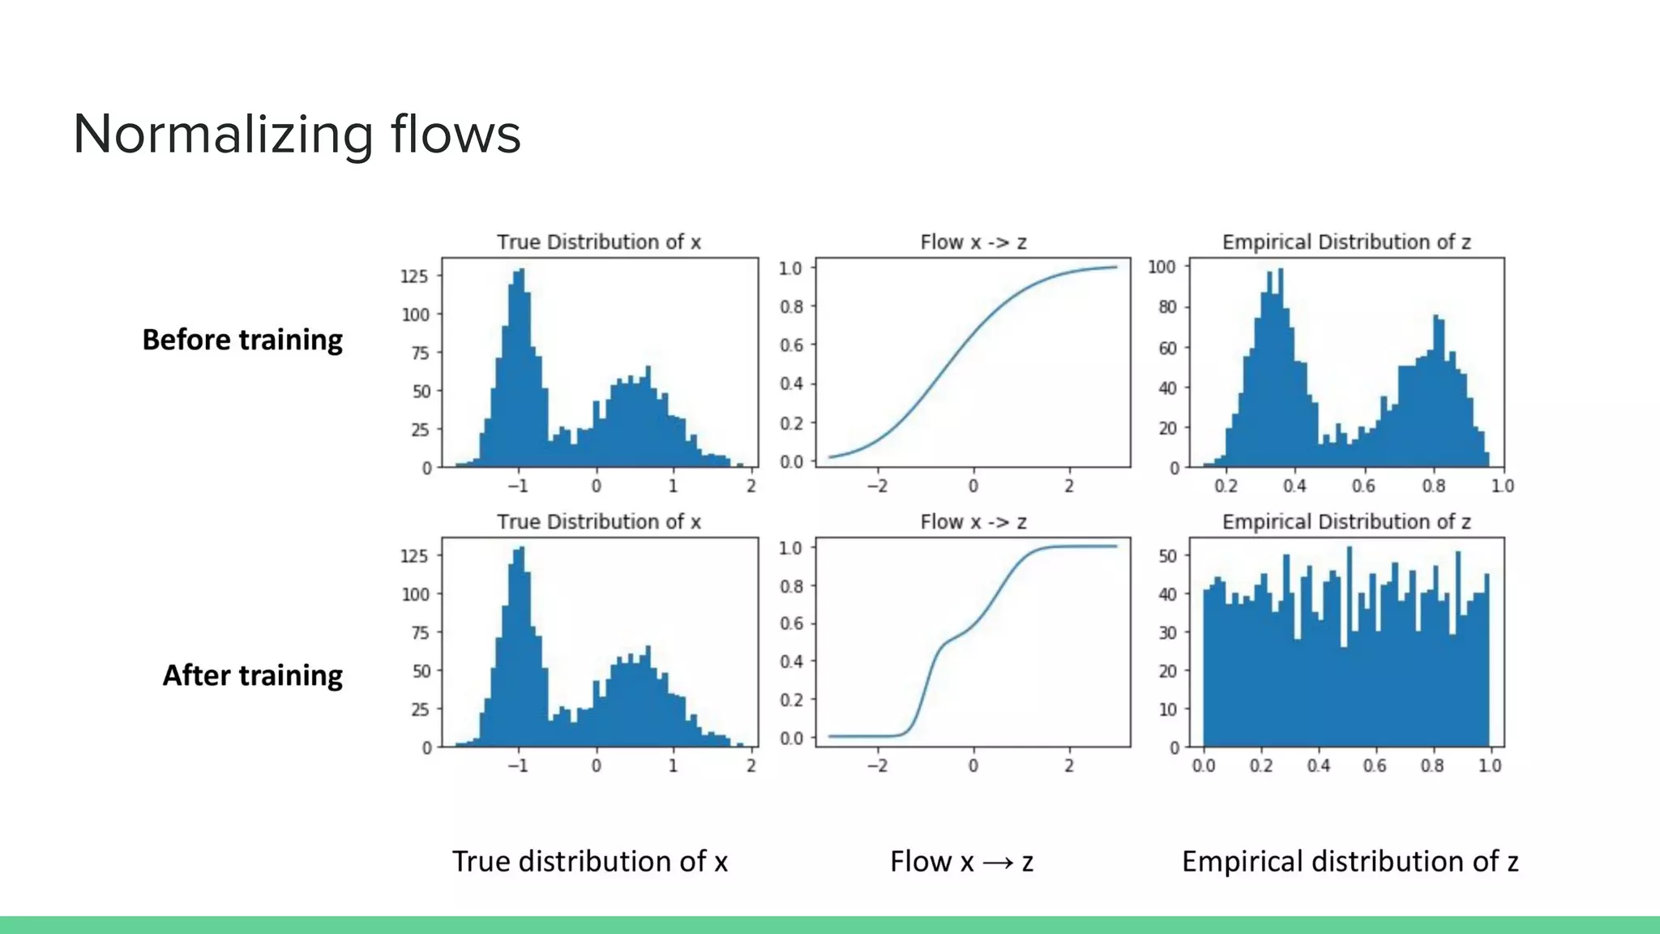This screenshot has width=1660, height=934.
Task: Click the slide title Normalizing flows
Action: (x=297, y=135)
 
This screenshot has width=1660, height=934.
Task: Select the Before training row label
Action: (x=242, y=340)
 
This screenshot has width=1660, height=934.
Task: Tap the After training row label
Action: (x=252, y=675)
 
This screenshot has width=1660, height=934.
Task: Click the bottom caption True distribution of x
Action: (x=589, y=861)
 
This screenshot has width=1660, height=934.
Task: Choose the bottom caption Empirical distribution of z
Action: (x=1350, y=861)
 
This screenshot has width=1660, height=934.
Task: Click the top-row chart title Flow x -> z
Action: (x=973, y=242)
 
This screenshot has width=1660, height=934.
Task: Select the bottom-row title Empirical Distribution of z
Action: (x=1346, y=521)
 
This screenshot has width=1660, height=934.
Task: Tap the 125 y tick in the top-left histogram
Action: (x=413, y=276)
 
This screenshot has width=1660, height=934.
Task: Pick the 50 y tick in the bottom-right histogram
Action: (x=1167, y=556)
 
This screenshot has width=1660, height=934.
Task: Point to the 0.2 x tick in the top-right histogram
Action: (x=1226, y=486)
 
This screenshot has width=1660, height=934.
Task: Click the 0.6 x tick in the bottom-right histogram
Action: (x=1375, y=765)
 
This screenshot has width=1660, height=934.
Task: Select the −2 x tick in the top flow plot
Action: (x=877, y=486)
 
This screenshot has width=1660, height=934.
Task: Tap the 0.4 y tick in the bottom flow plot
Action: (x=791, y=662)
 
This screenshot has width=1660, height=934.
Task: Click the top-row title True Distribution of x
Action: (x=598, y=242)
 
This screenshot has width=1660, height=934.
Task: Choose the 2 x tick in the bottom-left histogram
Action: (x=751, y=765)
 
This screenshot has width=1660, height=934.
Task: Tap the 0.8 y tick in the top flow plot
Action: (x=791, y=306)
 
